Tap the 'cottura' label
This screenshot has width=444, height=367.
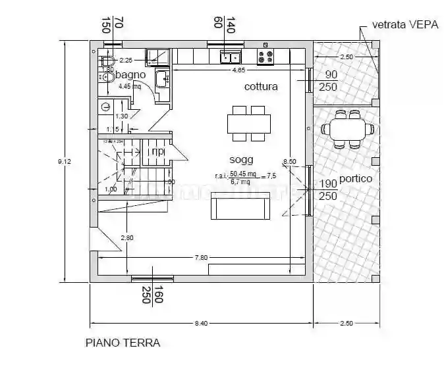point(261,86)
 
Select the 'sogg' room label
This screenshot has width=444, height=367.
point(241,160)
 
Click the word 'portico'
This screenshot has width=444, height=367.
point(356,179)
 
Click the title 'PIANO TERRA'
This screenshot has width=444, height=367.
point(123,343)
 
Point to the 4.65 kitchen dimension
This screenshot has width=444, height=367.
point(238,69)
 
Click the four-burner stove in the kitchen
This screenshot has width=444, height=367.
point(265,57)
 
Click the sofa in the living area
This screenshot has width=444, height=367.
point(239,208)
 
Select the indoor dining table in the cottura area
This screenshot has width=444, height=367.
point(249,124)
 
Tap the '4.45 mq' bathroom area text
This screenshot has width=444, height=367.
point(129,86)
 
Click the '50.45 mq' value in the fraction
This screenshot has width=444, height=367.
point(242,174)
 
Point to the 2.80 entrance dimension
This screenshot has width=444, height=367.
point(127,237)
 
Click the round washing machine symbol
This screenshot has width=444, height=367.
point(105,107)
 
